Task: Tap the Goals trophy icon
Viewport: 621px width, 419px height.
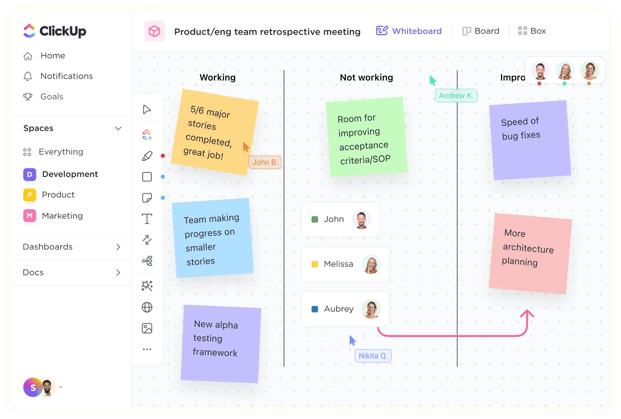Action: coord(28,97)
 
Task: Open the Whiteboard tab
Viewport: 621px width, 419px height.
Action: coord(409,31)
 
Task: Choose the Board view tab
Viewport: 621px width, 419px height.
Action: coord(481,31)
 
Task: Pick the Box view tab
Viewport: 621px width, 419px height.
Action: coord(532,31)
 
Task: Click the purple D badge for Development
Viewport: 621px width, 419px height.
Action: coord(30,174)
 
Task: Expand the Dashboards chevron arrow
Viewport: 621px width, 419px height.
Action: coord(118,247)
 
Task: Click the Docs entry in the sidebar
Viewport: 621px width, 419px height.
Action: coord(33,273)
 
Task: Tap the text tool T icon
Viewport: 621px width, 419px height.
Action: coord(147,219)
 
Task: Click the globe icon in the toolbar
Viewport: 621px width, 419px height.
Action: coord(147,307)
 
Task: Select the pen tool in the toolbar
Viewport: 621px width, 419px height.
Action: coord(147,156)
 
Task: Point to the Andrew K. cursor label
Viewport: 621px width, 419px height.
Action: coord(456,96)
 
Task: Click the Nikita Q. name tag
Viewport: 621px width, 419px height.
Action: coord(373,356)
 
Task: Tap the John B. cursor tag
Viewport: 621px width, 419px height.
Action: coord(265,162)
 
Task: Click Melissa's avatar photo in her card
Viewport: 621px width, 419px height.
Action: coord(371,264)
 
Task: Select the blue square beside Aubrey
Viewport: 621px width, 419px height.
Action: coord(315,309)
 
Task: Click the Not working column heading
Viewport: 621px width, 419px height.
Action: coord(366,77)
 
